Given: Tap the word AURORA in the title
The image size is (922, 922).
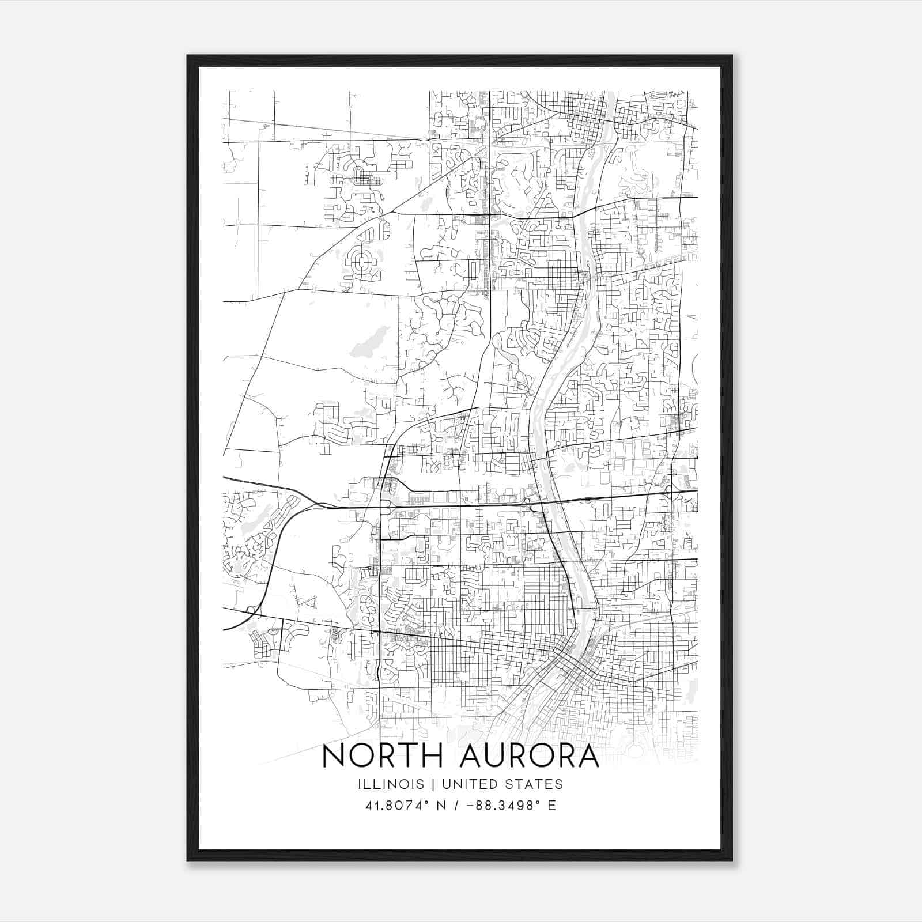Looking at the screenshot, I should (x=530, y=756).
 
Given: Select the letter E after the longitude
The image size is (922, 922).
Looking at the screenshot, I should (x=551, y=806).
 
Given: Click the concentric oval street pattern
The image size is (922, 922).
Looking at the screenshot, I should (x=361, y=263).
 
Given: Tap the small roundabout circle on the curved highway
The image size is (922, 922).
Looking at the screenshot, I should (x=251, y=609).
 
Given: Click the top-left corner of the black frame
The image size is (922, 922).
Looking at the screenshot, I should (x=188, y=56).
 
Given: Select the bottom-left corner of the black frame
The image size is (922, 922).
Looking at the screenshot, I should (x=188, y=860).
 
